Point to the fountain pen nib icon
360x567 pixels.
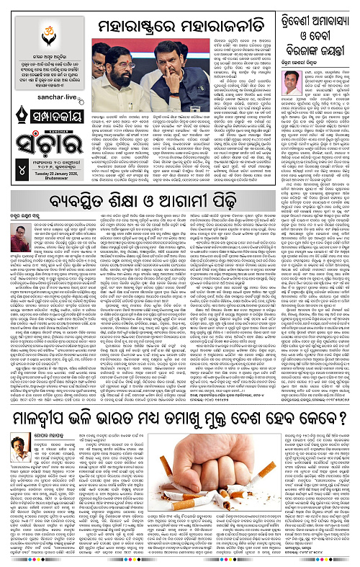[x=15, y=120]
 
